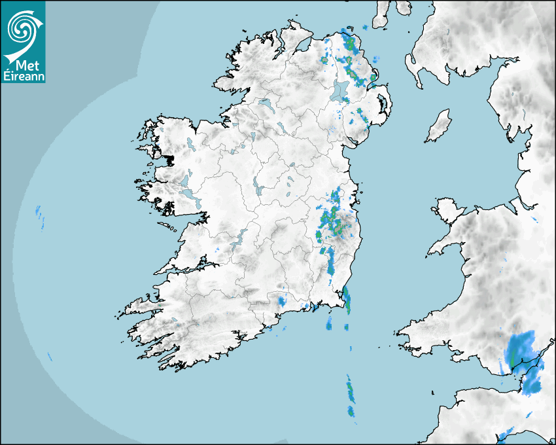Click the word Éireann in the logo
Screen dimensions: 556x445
pos(24,75)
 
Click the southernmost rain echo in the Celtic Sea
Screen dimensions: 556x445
pos(351,411)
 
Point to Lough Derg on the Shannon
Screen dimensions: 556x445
pos(241,236)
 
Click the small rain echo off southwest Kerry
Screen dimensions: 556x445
pos(50,357)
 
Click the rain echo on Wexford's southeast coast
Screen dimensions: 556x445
pos(347,299)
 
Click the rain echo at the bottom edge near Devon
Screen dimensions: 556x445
pos(505,434)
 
